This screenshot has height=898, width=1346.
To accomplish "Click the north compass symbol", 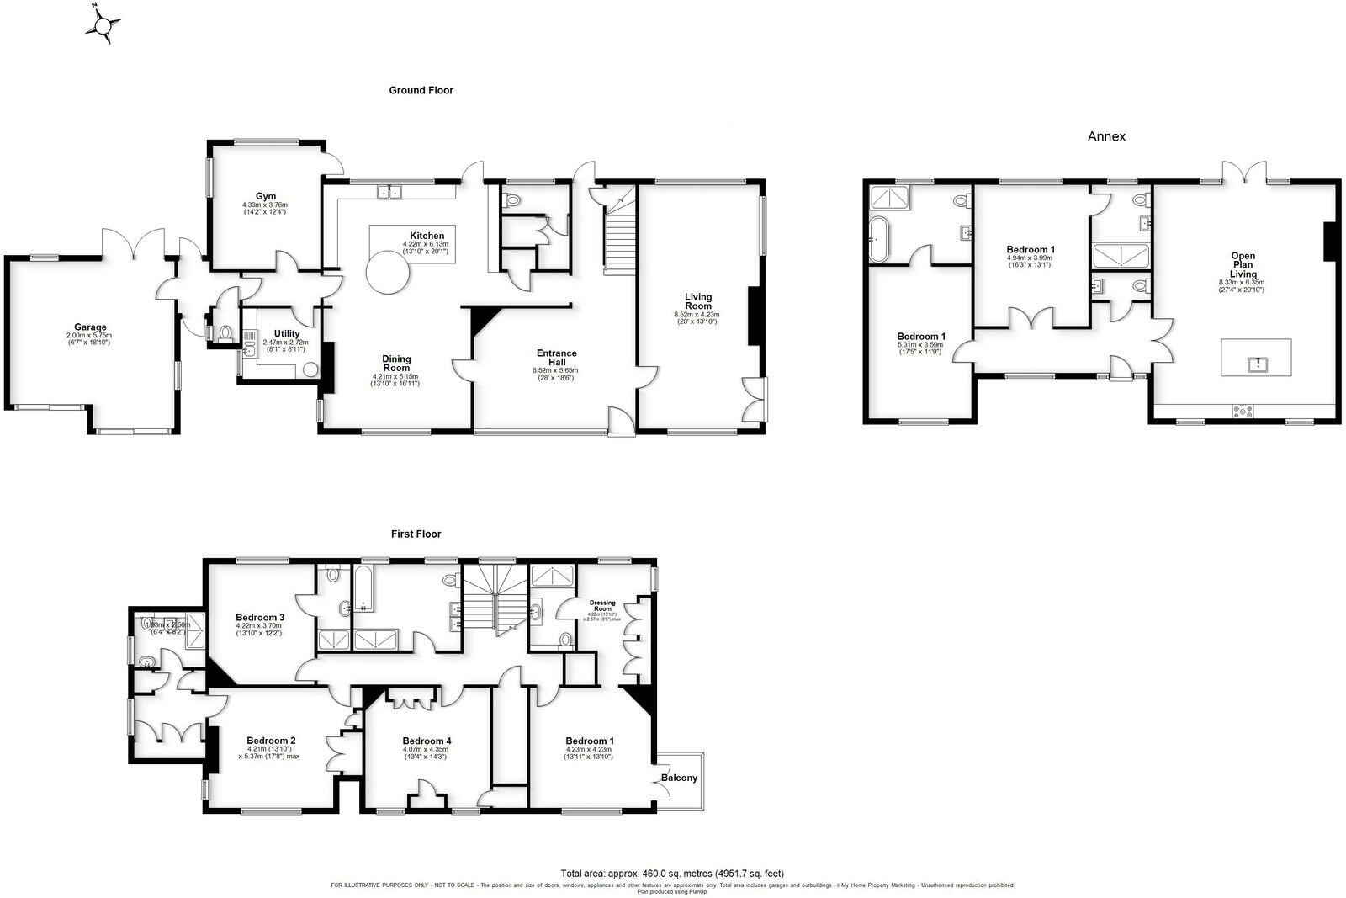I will (x=103, y=25).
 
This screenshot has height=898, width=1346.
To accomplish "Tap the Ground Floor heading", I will (x=421, y=90).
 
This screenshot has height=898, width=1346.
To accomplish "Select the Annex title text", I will (x=1106, y=136).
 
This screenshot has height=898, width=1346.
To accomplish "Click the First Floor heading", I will (x=416, y=534).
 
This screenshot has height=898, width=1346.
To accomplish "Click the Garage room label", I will (x=90, y=327).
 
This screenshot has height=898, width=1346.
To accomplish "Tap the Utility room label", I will (x=286, y=334).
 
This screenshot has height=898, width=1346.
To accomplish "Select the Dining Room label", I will (x=396, y=363).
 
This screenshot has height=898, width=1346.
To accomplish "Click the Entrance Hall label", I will (x=556, y=358).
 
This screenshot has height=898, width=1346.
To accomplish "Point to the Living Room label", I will (x=697, y=301).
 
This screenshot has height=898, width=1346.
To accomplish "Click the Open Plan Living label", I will (x=1243, y=265).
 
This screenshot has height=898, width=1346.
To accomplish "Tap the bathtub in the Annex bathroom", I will (x=877, y=238).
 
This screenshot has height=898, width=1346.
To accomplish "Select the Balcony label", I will (x=679, y=778).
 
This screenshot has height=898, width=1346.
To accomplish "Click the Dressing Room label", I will (x=602, y=605).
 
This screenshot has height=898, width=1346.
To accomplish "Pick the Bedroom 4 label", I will (x=426, y=741).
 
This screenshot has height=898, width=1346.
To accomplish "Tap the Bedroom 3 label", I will (x=259, y=617).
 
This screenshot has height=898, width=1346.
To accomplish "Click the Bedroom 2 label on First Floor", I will (x=270, y=741).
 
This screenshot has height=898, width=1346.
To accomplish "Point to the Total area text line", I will (x=672, y=874).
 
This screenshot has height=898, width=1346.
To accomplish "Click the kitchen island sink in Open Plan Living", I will (x=1257, y=363).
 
